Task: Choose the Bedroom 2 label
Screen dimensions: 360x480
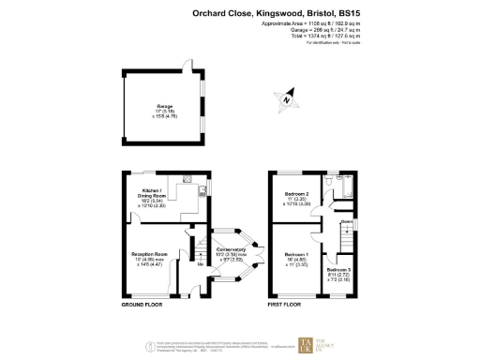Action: point(297,197)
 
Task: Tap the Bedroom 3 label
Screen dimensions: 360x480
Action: point(337,272)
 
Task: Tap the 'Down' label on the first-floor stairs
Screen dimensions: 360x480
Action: point(347,222)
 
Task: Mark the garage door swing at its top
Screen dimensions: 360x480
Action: point(187,67)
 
